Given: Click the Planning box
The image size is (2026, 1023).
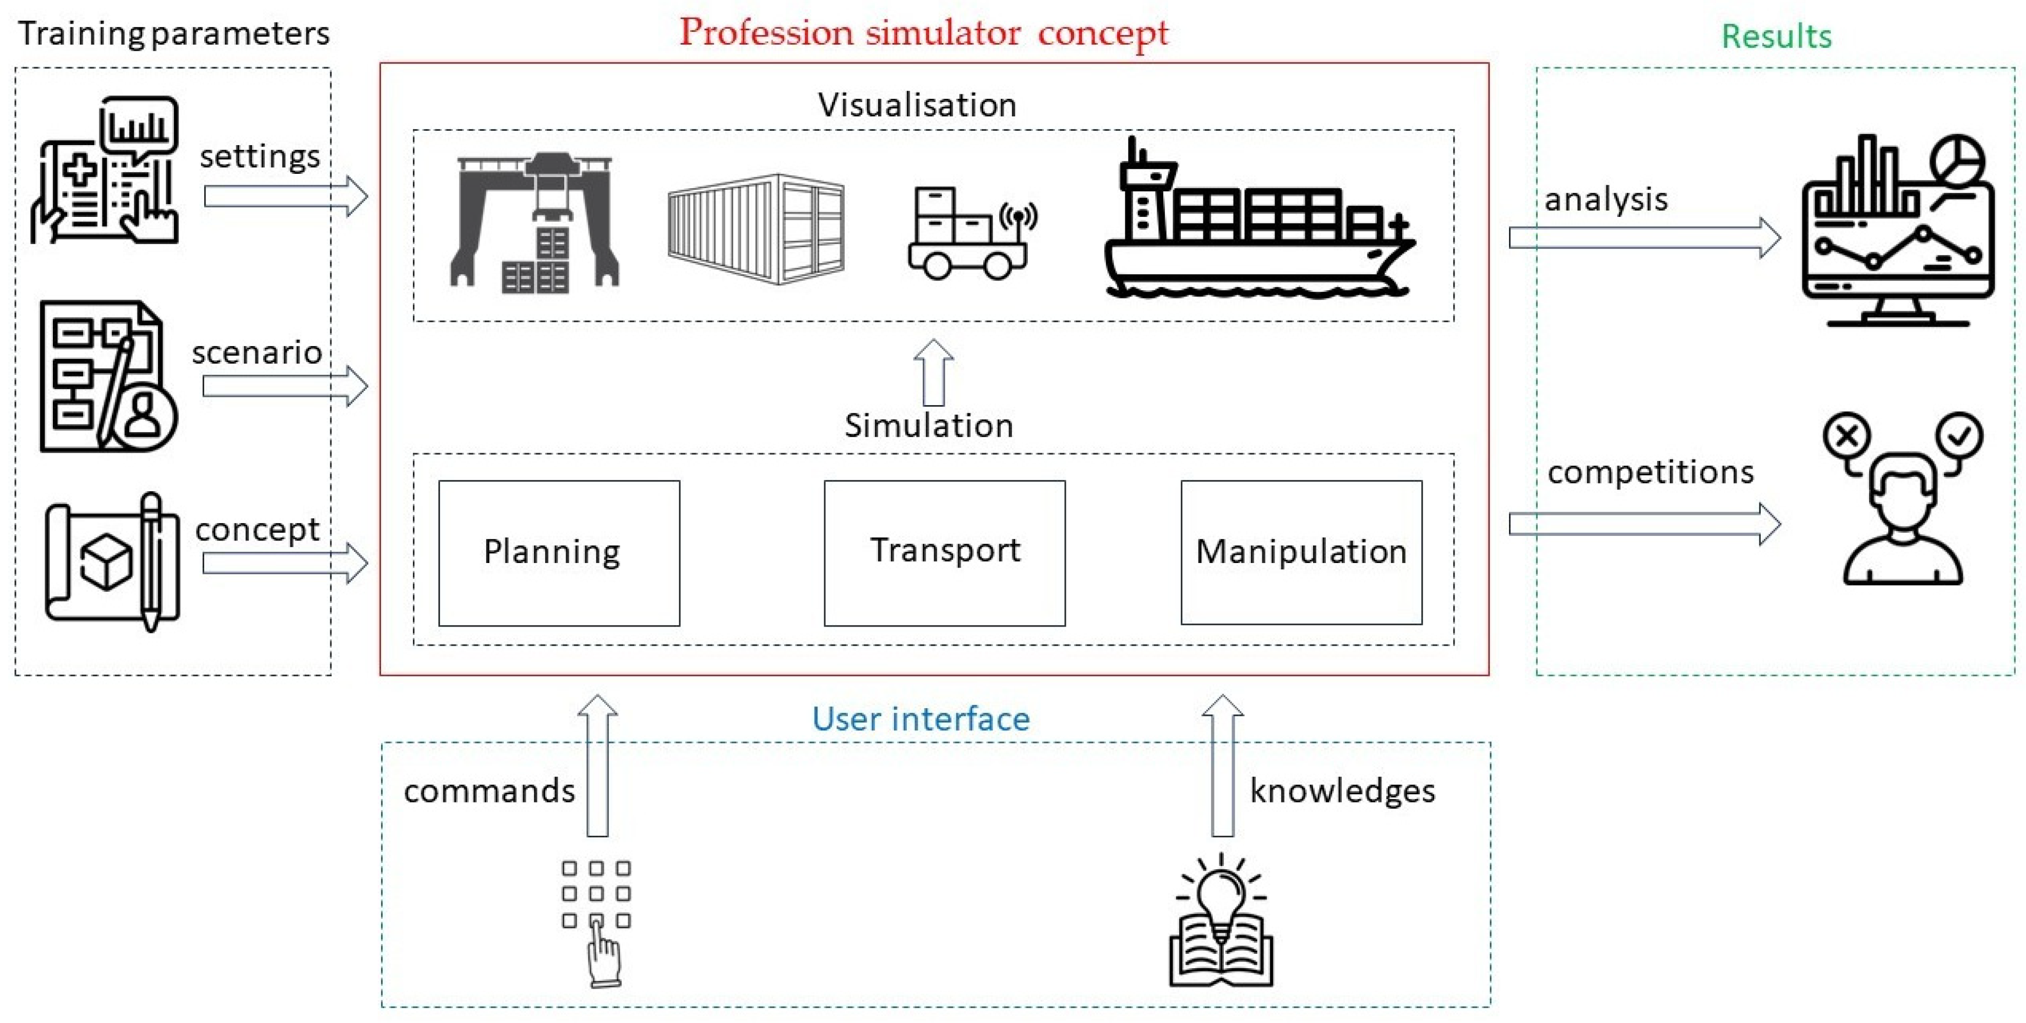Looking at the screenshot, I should click(559, 553).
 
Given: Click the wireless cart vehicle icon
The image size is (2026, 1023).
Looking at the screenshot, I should click(971, 232).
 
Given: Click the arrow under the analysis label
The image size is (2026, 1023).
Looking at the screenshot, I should click(1644, 237).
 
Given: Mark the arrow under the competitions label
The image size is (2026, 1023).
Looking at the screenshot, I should click(1644, 524).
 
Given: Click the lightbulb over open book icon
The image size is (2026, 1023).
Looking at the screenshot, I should click(1221, 920).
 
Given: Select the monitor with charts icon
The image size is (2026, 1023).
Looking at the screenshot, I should click(1897, 232).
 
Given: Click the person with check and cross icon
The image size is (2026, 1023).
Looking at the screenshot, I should click(1902, 499).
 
